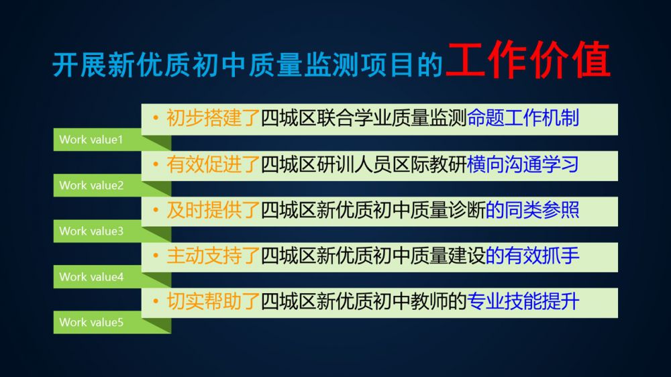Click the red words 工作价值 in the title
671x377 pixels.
point(528,60)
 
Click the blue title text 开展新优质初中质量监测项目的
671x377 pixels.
point(248,66)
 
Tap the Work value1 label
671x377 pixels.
point(91,140)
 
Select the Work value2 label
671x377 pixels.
point(91,185)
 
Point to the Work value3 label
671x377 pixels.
point(91,231)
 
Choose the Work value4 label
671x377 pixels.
point(91,277)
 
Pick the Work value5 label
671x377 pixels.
point(91,322)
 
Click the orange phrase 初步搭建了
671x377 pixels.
point(213,118)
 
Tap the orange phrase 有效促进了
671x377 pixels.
point(213,164)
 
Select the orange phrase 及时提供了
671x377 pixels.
point(213,210)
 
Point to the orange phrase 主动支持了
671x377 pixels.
point(213,256)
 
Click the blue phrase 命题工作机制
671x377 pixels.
point(523,118)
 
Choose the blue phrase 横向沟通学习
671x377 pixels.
point(523,164)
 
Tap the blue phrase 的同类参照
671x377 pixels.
point(532,210)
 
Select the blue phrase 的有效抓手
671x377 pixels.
point(532,256)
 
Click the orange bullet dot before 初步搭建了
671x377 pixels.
point(156,117)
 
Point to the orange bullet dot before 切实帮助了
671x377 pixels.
point(156,301)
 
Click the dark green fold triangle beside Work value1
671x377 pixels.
point(160,142)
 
